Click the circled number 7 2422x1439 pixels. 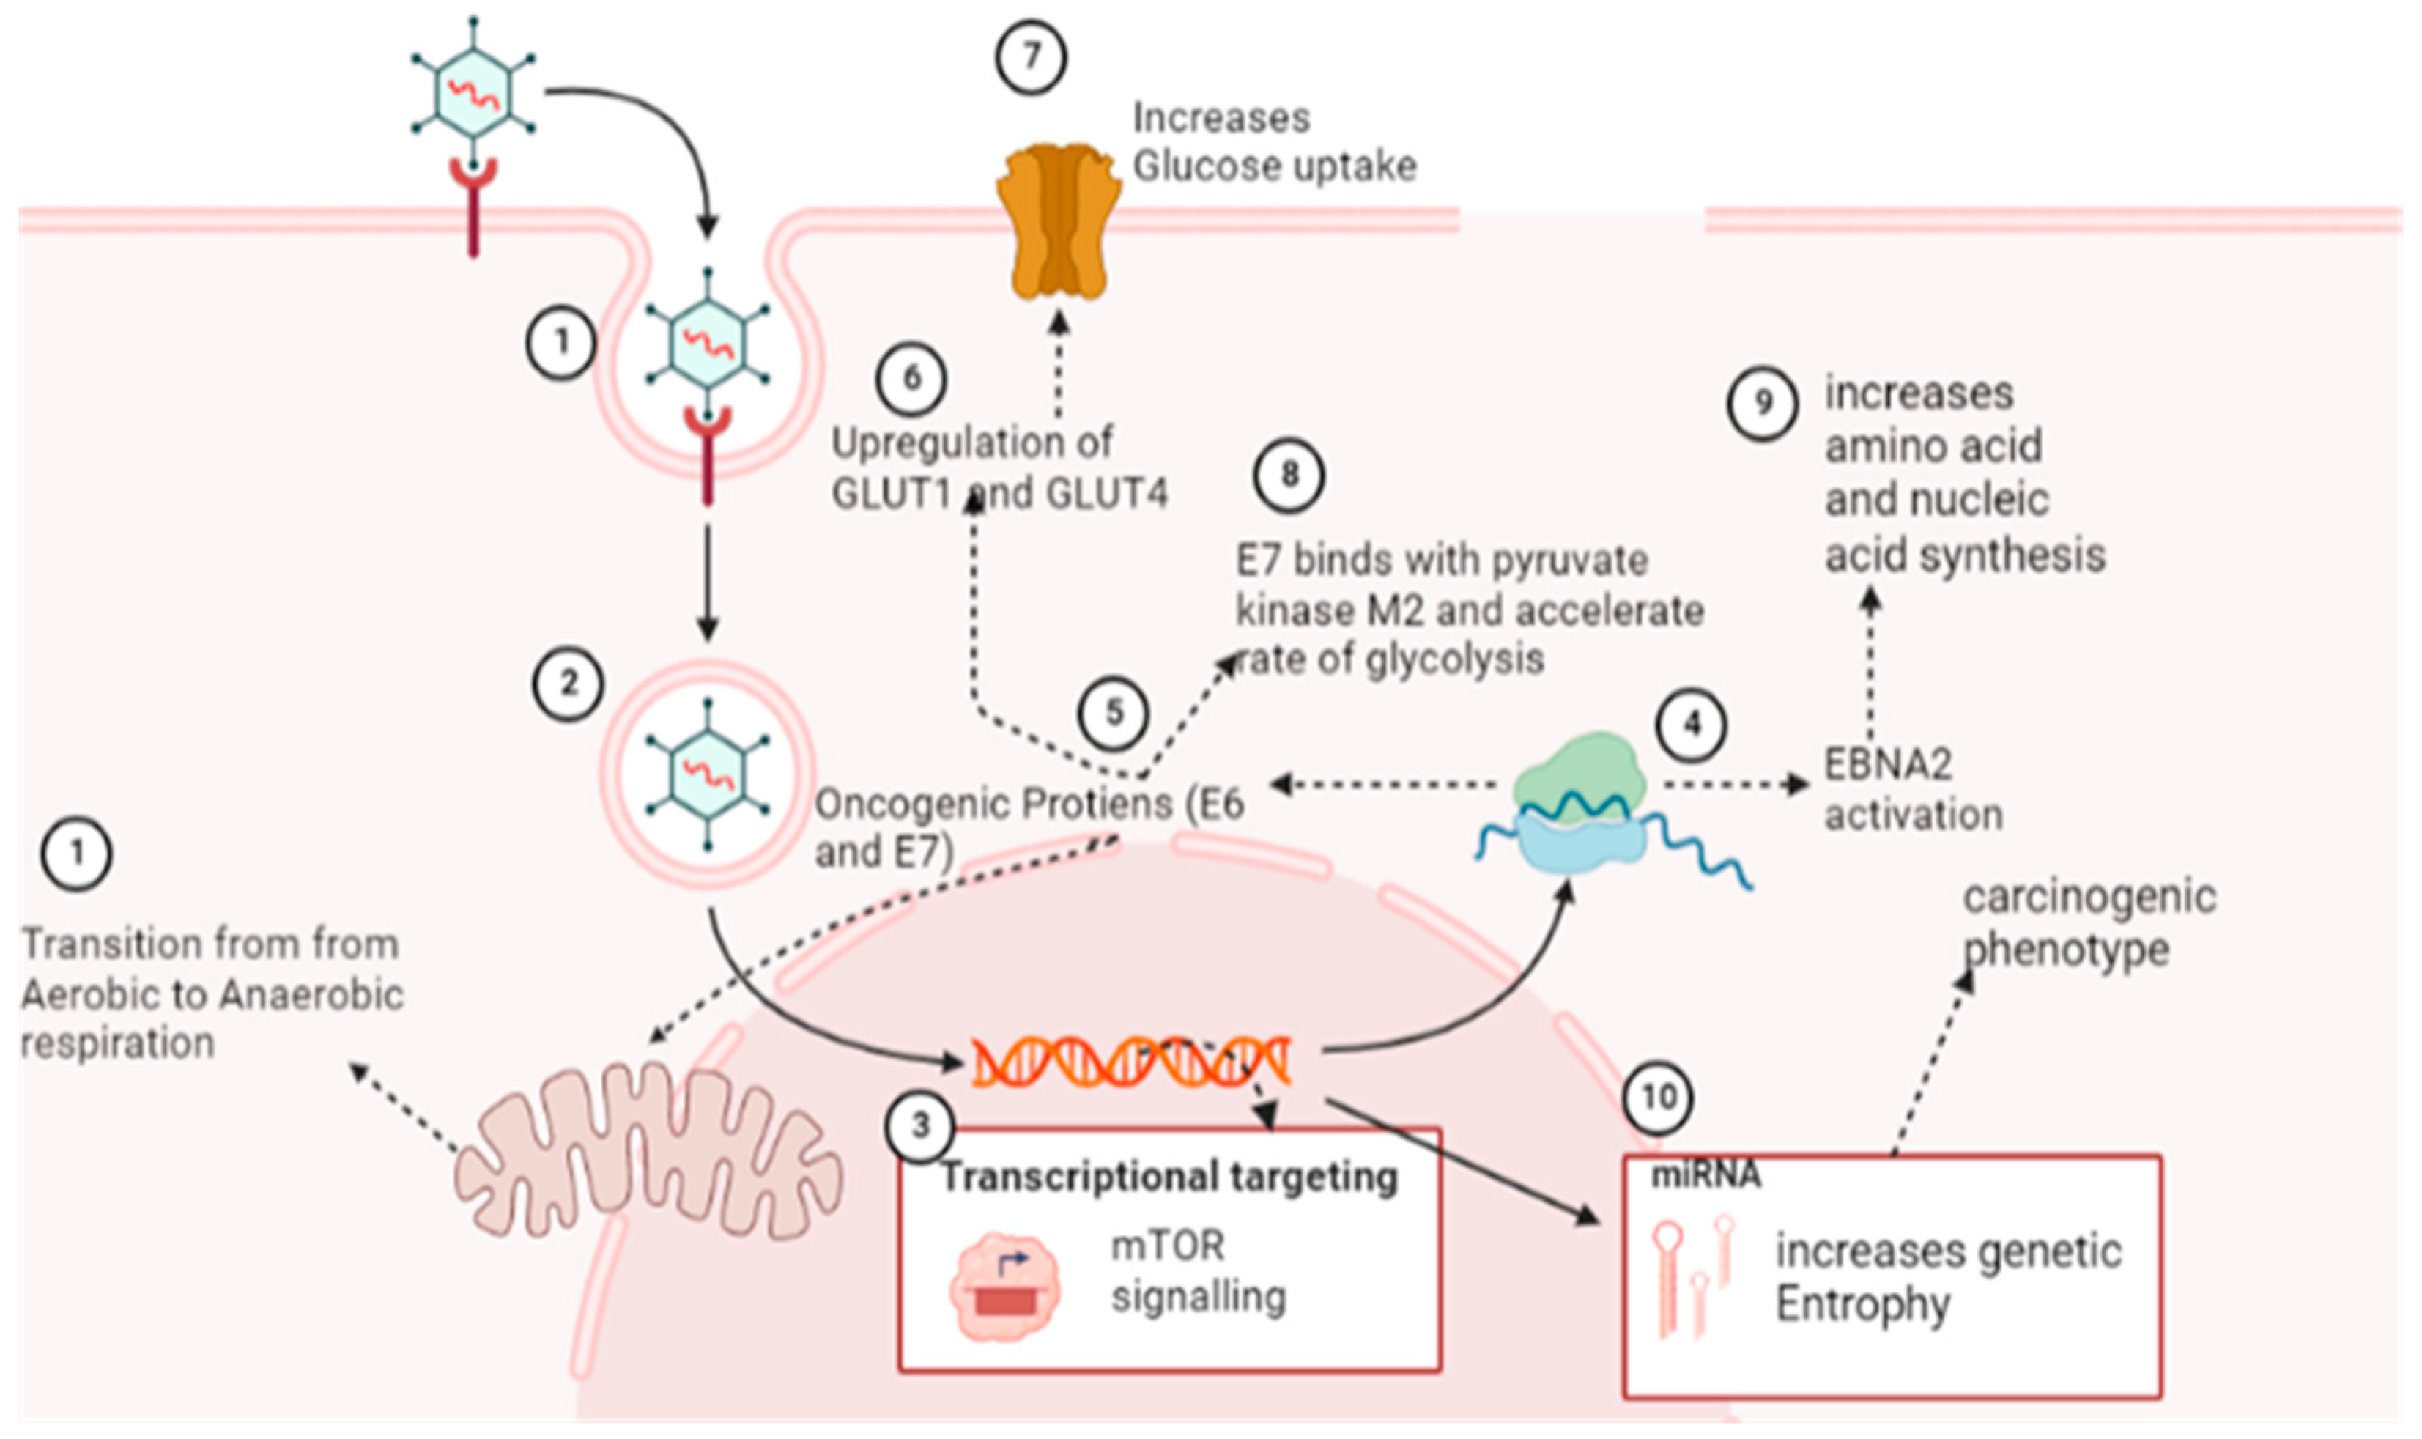tap(1031, 58)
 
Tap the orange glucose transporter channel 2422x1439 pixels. tap(1059, 221)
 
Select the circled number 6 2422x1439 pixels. tap(911, 378)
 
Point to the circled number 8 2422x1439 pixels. tap(1289, 475)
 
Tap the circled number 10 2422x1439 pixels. tap(1658, 1098)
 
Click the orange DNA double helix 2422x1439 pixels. tap(1131, 1060)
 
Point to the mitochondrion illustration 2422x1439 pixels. tap(648, 1151)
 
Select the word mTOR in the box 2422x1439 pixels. tap(1167, 1245)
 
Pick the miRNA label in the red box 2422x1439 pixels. tap(1706, 1176)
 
